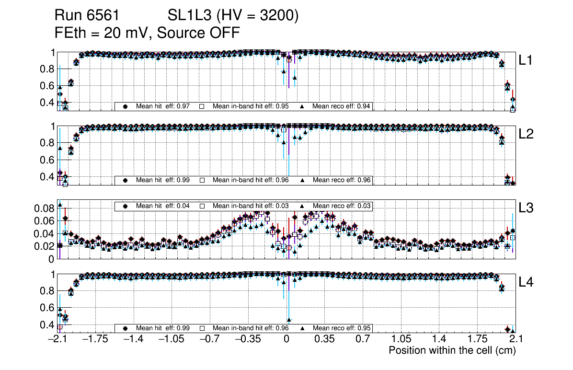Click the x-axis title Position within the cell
pos(452,350)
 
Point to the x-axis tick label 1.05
pos(401,339)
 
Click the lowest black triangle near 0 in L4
pos(289,320)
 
